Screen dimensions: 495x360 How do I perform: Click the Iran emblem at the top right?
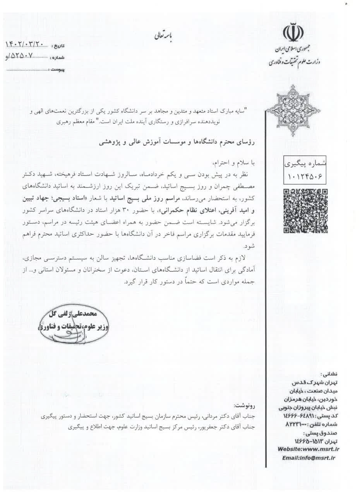tap(293, 33)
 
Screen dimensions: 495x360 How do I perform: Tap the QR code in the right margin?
tap(305, 211)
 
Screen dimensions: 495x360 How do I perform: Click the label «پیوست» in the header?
tap(57, 70)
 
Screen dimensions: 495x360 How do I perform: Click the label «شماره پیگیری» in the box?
tap(305, 164)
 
